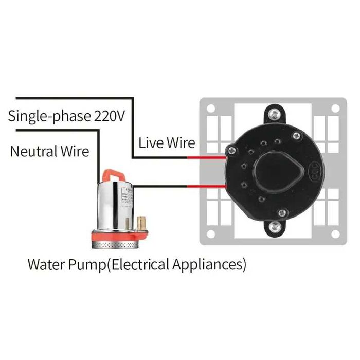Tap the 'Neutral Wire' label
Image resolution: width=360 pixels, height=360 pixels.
pos(49,151)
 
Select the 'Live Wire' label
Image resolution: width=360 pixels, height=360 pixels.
pos(167,142)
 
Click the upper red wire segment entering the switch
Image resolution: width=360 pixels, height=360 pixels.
pos(206,157)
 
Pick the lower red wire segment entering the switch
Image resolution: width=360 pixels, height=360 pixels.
pos(206,187)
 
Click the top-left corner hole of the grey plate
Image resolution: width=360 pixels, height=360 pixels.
pos(210,109)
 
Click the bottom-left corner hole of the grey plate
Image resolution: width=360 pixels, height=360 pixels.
pos(210,235)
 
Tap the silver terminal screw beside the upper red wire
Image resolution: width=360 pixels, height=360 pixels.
pos(232,150)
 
